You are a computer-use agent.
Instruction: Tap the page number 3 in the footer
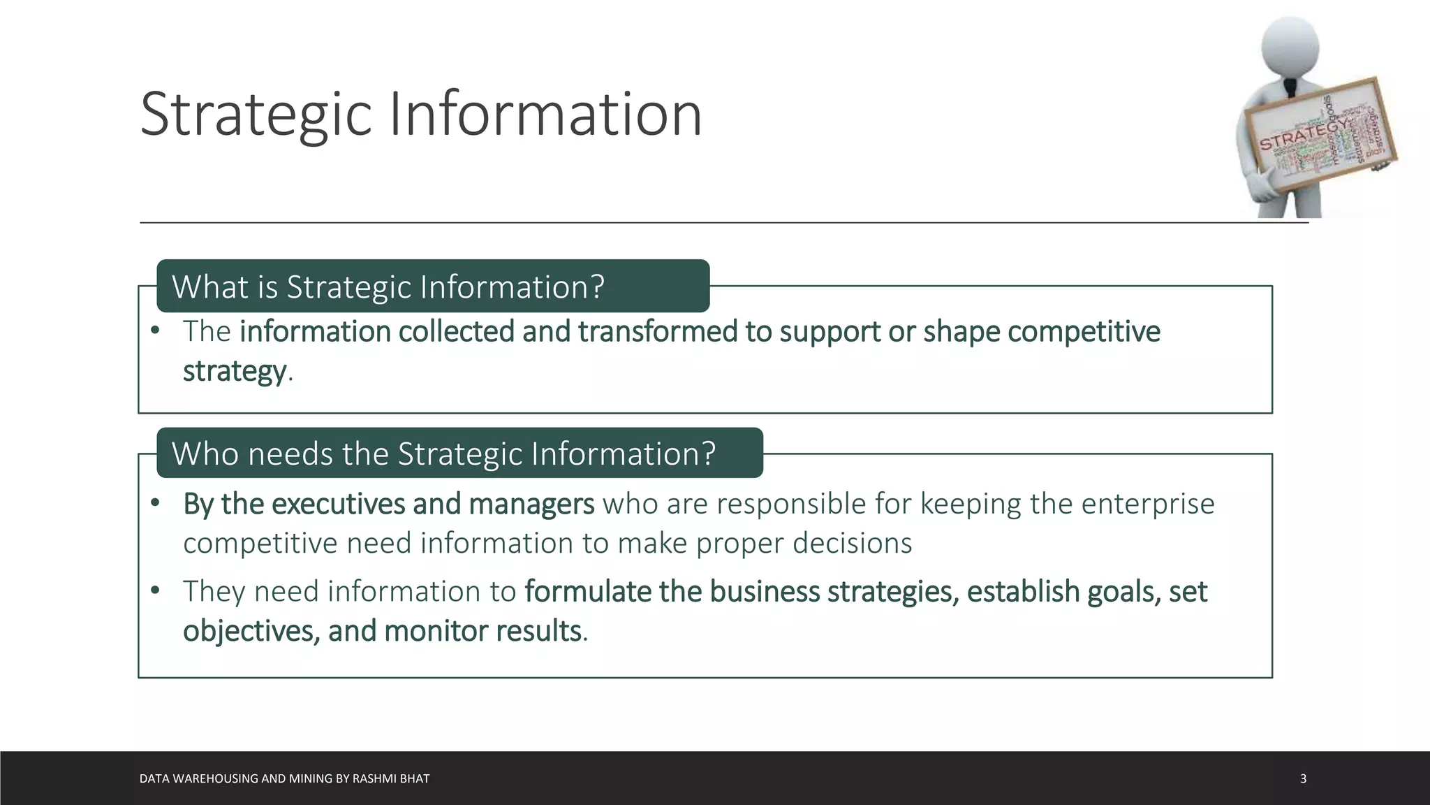tap(1303, 778)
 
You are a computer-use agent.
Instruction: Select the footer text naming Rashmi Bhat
tap(284, 778)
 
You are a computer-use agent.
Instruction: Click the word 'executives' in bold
tap(338, 504)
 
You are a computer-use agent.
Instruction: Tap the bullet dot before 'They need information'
tap(155, 591)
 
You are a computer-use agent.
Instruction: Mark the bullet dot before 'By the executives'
tap(155, 503)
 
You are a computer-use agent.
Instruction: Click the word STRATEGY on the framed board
tap(1304, 136)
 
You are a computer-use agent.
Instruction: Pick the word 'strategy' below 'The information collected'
tap(234, 371)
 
